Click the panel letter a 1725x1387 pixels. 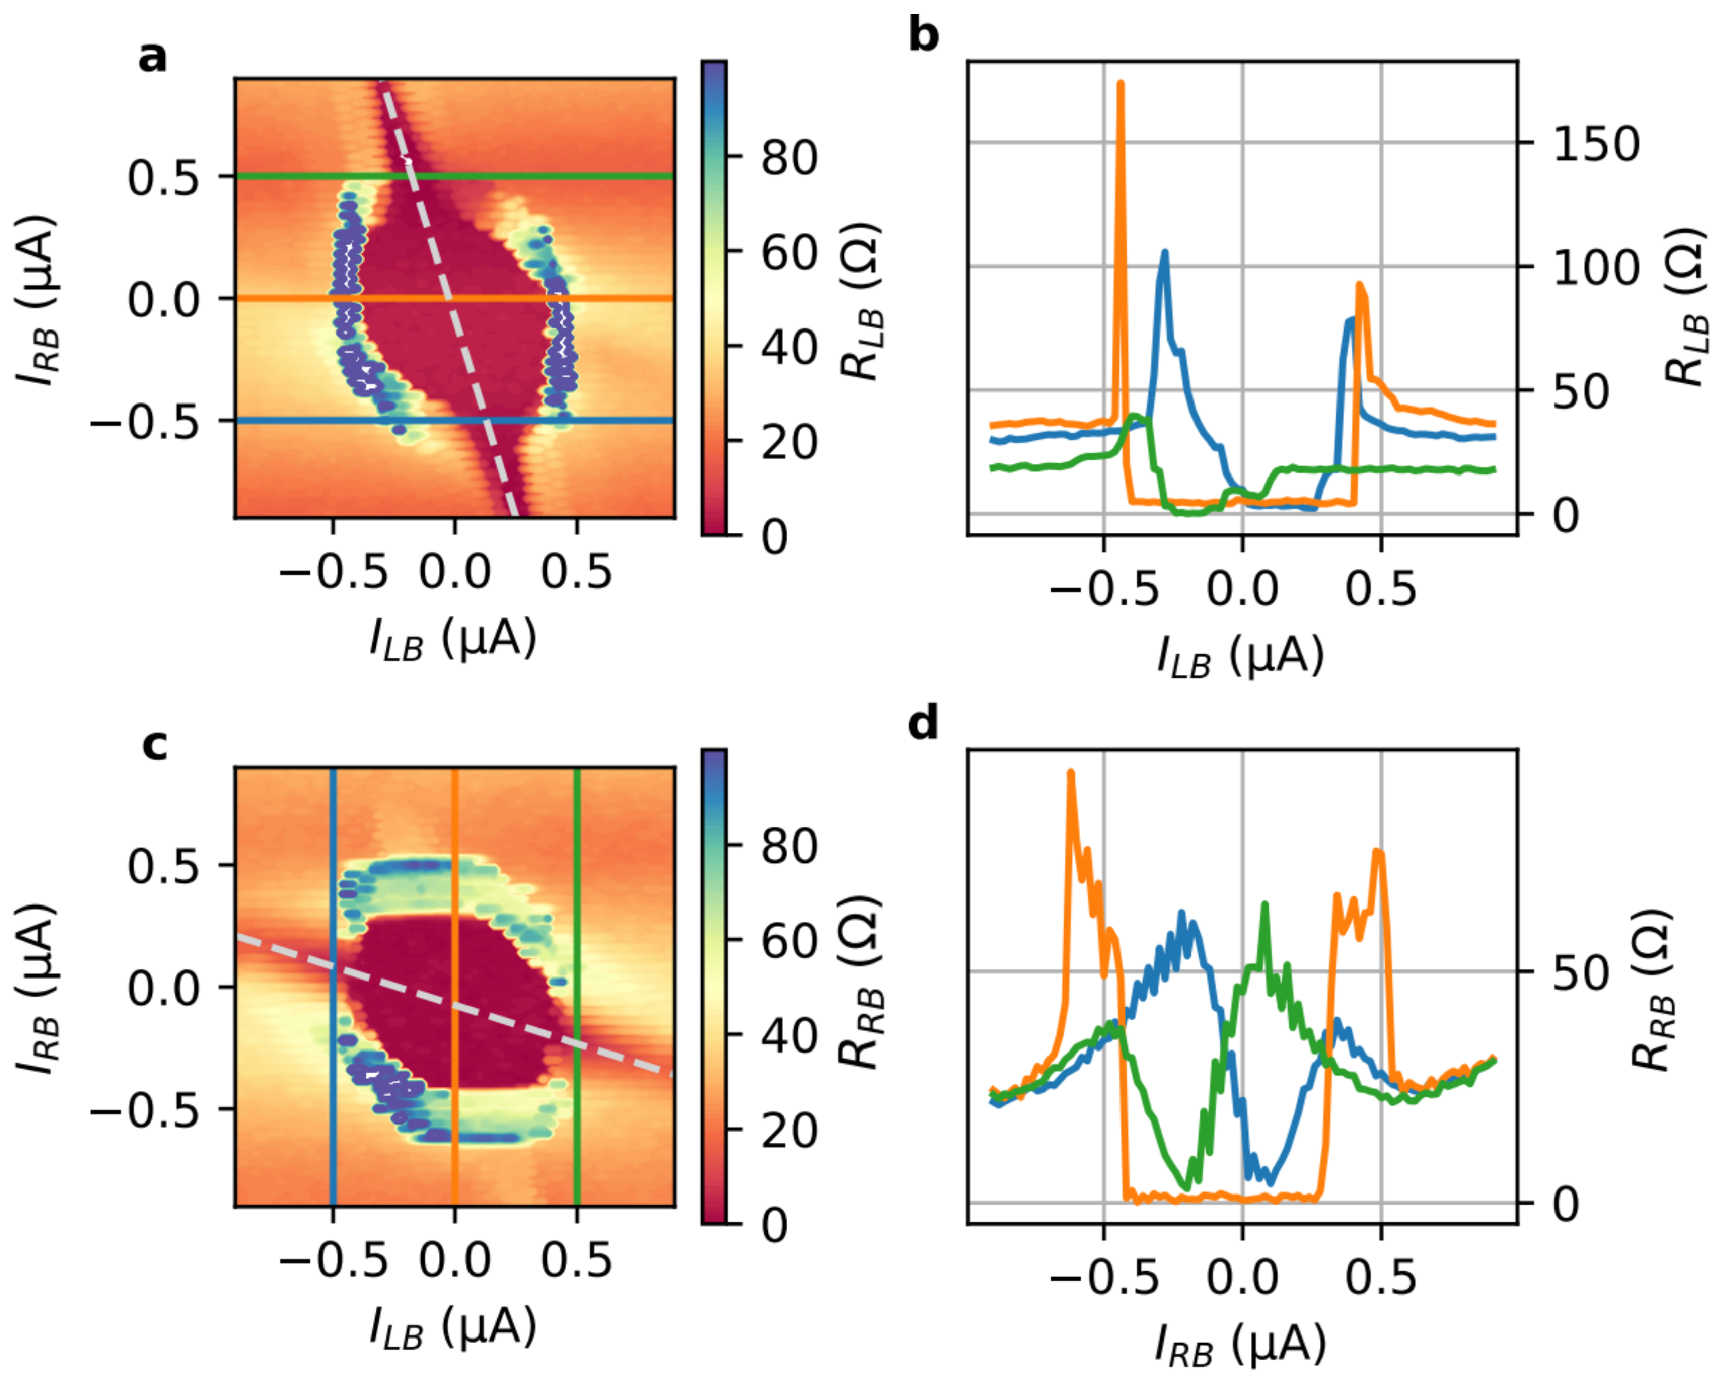[152, 58]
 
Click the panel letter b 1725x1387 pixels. [924, 37]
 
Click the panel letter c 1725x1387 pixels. [154, 745]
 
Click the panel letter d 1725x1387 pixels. [924, 724]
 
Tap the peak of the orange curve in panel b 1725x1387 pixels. [1120, 84]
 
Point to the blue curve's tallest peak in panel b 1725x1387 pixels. [1165, 253]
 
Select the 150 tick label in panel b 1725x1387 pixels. [1596, 144]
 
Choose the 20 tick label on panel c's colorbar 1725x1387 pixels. [789, 1131]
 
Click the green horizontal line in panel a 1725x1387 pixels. [560, 176]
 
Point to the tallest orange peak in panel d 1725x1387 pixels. [1071, 773]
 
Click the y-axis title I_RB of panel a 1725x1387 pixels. [37, 299]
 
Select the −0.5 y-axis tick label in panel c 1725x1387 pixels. [144, 1110]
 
